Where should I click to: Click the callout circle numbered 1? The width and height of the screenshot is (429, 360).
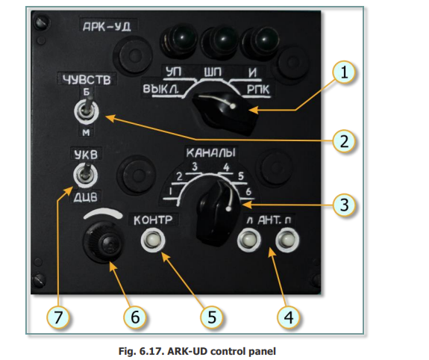click(x=344, y=72)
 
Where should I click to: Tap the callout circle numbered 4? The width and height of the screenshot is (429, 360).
click(x=289, y=317)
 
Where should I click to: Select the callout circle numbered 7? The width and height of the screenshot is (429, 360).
click(x=58, y=317)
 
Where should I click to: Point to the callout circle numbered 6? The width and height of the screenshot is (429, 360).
click(x=135, y=317)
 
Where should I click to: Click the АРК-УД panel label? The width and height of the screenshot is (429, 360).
click(x=107, y=27)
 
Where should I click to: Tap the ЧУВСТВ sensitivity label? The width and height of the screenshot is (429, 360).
click(x=87, y=80)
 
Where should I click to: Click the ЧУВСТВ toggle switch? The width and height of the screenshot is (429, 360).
click(x=87, y=111)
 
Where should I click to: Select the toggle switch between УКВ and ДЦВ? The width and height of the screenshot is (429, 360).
click(x=86, y=175)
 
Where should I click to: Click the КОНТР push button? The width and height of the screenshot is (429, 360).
click(x=153, y=240)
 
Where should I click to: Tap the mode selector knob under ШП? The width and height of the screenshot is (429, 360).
click(x=226, y=113)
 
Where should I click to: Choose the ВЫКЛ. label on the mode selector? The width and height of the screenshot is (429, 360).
click(x=160, y=89)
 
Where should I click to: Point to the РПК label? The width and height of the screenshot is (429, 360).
click(x=258, y=90)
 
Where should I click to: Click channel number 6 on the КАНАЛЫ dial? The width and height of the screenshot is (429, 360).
click(x=248, y=191)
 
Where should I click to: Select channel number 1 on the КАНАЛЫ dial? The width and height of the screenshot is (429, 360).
click(x=170, y=191)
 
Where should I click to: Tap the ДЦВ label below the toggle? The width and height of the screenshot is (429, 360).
click(x=85, y=197)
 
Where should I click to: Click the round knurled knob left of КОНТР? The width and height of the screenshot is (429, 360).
click(x=103, y=242)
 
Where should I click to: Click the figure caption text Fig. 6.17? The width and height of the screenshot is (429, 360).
click(x=140, y=351)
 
